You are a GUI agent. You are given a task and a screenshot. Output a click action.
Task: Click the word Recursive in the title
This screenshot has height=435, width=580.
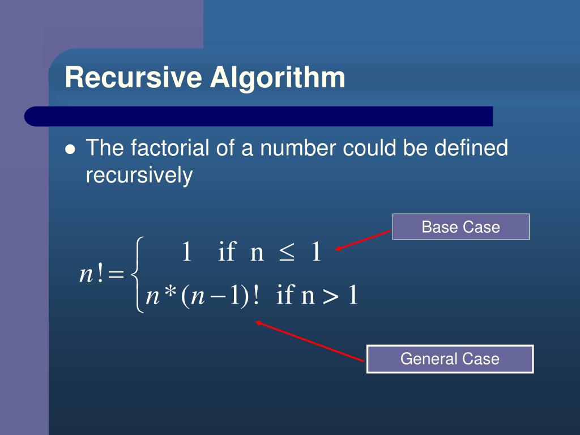coord(133,78)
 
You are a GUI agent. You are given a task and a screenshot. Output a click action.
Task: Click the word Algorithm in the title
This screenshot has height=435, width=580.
coord(278,78)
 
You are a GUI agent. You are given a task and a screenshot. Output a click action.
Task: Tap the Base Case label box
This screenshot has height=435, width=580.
coord(460,227)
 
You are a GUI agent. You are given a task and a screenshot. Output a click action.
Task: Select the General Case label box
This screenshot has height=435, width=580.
coord(450,359)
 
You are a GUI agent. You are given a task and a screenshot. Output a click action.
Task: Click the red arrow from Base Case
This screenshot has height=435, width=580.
coord(364,240)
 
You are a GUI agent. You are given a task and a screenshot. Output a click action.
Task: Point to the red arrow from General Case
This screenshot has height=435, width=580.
coord(309,341)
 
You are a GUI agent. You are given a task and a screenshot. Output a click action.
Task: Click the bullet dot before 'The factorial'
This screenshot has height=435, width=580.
coord(70,150)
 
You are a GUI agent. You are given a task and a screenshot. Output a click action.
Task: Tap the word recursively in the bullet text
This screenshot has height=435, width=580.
coord(139,176)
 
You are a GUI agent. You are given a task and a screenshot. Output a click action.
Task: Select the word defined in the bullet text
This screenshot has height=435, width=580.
coord(471,148)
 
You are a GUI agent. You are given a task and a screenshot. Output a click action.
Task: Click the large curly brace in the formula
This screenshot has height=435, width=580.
coord(137,274)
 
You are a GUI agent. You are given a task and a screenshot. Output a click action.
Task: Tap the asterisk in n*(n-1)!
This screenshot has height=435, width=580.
coord(169,296)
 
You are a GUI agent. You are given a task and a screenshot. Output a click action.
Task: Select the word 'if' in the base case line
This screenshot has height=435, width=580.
coord(226,253)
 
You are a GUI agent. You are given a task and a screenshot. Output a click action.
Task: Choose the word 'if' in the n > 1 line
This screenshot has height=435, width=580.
coord(285,296)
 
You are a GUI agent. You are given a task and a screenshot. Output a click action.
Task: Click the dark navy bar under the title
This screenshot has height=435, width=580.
coord(258,116)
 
